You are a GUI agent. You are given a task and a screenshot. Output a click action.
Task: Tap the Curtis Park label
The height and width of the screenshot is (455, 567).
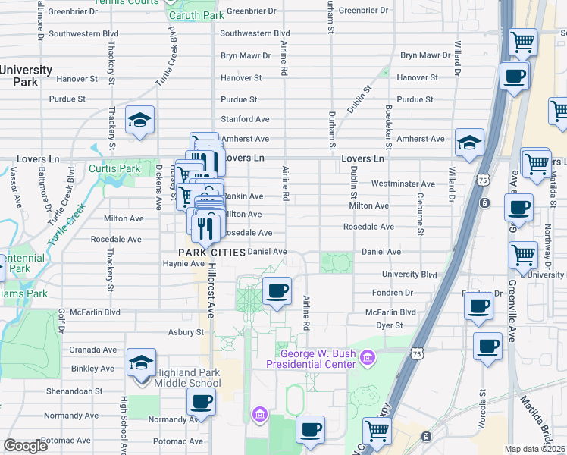coord(114,168)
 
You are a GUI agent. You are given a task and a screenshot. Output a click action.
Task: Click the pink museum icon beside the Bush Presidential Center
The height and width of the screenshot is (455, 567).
coord(368,356)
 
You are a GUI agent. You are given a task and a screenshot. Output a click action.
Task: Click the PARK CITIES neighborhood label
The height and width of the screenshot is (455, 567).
coord(211,252)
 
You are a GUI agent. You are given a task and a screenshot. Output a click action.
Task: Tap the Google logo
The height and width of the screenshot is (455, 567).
coord(26,446)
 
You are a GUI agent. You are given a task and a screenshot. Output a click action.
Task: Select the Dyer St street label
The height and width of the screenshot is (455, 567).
coord(389,325)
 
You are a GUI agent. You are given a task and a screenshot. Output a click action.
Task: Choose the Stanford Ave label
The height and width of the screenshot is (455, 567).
coord(245,119)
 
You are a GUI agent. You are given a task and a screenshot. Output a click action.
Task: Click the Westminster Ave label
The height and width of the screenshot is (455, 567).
coord(403,184)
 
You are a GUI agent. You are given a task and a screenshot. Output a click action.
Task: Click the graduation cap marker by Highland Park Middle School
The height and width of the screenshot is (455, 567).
coord(141,362)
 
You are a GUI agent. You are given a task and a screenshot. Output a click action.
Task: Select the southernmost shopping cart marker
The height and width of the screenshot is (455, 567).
coord(377,431)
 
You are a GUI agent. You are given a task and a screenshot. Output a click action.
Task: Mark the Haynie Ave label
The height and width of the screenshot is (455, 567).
coord(180,263)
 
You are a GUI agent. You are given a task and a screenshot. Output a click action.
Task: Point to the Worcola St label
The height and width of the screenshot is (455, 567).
coord(482,409)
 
